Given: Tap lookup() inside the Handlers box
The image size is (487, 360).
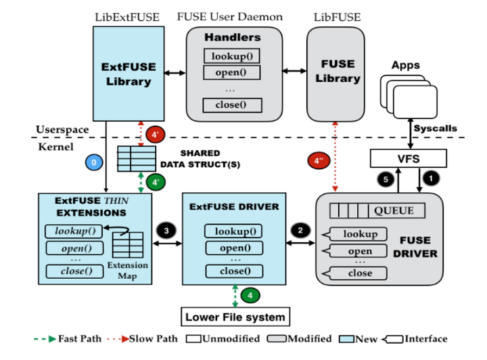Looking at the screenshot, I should click(x=232, y=56).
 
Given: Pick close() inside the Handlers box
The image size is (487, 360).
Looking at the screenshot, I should click(x=232, y=105).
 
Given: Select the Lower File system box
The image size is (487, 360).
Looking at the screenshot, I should click(x=234, y=316).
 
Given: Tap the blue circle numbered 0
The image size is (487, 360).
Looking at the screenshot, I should click(x=95, y=162).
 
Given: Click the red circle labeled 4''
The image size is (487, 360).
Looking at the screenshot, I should click(x=319, y=161).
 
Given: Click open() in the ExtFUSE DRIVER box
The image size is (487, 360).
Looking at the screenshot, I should click(x=232, y=248).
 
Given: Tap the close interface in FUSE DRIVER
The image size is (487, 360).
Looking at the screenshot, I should click(x=359, y=273).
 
